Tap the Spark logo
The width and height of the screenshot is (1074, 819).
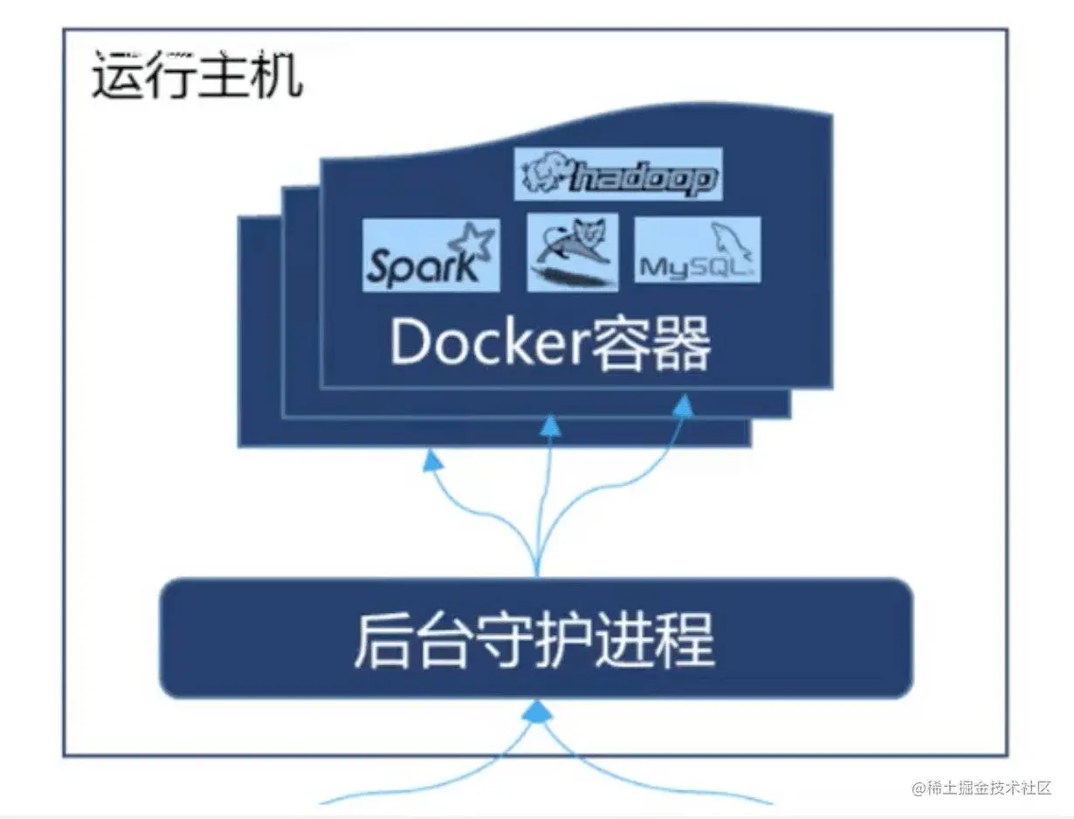(430, 255)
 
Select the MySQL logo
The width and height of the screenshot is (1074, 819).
(697, 251)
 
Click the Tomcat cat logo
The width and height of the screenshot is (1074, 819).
(572, 252)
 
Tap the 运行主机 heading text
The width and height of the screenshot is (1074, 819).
(196, 76)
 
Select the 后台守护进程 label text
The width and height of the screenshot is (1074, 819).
(534, 639)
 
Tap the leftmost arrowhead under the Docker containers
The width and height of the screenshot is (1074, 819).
(430, 461)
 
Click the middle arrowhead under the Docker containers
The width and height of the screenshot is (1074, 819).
(550, 426)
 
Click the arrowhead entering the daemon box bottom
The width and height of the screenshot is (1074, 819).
(535, 712)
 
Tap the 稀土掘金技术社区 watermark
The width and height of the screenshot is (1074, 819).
(981, 788)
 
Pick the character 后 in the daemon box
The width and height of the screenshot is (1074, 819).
(382, 639)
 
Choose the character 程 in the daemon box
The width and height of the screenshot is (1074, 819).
(687, 639)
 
